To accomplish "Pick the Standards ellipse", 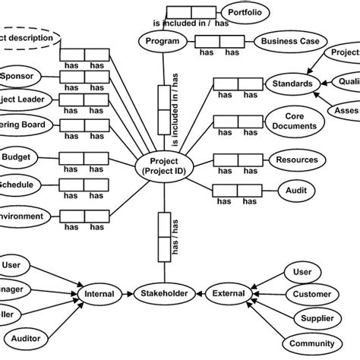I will [x=289, y=84].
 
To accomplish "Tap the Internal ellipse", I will [x=99, y=292].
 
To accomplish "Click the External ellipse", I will [x=229, y=292].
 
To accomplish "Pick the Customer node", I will [x=311, y=294].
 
